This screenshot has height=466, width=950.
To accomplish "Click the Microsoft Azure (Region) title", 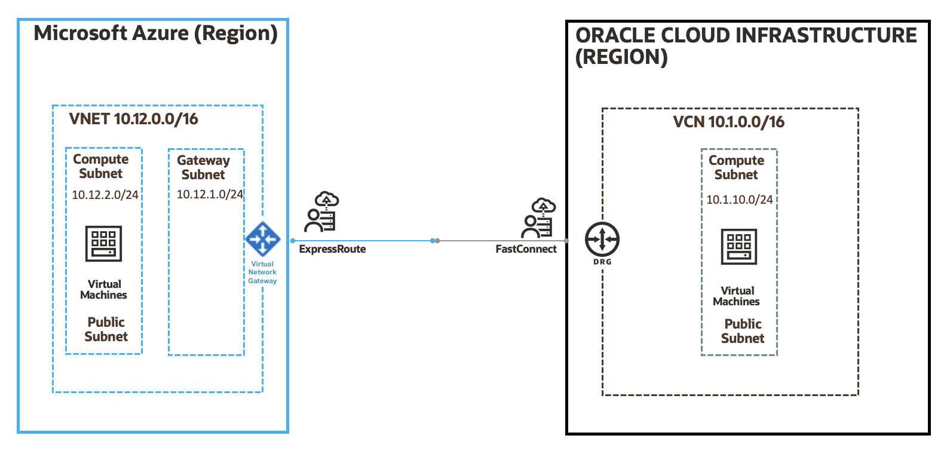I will [x=155, y=33].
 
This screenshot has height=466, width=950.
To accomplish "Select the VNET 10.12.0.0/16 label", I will [x=133, y=119].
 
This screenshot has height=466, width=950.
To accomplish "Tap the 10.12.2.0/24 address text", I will [x=105, y=195].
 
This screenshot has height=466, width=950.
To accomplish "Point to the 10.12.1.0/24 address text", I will [x=210, y=194].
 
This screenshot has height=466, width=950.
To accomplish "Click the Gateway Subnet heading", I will [x=203, y=167].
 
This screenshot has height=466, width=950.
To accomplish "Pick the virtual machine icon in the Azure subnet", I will [x=103, y=244].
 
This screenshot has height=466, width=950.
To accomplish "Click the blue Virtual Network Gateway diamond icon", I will [x=262, y=240].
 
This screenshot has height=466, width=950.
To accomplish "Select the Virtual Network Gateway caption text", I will [x=262, y=272].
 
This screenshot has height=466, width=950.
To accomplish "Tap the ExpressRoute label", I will [x=332, y=249].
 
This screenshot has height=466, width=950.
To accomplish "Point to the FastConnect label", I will [x=526, y=249].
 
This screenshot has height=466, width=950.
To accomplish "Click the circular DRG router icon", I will [x=602, y=240].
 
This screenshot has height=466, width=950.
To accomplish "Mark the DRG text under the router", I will [x=602, y=262].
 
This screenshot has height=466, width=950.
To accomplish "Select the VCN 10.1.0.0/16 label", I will [x=728, y=122].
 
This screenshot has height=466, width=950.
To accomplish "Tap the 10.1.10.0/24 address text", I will [x=739, y=200].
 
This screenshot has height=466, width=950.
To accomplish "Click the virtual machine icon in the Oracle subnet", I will [x=739, y=246].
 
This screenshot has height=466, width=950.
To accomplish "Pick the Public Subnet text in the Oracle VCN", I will [x=742, y=331].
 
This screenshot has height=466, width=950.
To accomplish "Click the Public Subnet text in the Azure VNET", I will [x=106, y=329].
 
